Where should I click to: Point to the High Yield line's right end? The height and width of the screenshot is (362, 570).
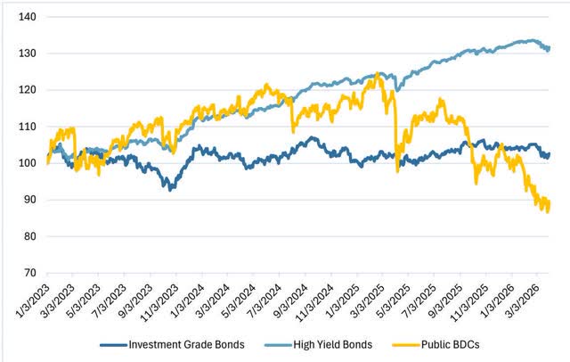pyautogui.click(x=550, y=48)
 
